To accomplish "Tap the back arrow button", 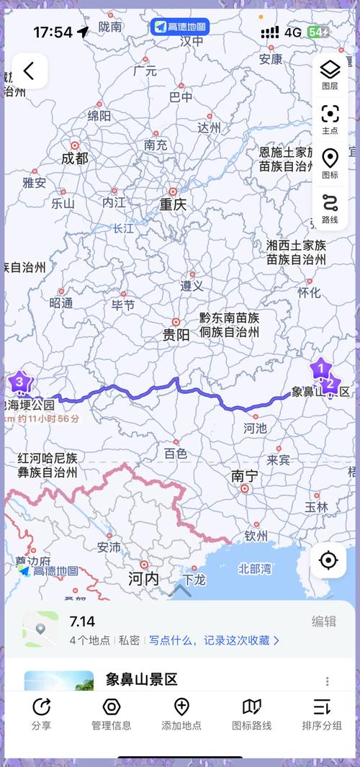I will click(x=29, y=71).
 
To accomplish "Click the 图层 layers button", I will click(x=330, y=75).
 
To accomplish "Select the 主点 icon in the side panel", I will click(x=330, y=119).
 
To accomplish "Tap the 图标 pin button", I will click(x=330, y=163).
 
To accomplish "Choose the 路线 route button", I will click(x=330, y=208).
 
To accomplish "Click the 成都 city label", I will click(x=75, y=158).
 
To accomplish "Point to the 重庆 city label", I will click(x=173, y=204).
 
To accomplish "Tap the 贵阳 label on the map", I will click(x=176, y=334).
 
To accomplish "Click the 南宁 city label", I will click(x=244, y=476).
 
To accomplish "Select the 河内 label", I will click(x=143, y=578).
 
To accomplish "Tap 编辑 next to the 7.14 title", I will click(x=323, y=622).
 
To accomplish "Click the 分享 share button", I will click(x=42, y=713).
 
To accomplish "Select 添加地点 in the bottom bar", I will click(x=181, y=713).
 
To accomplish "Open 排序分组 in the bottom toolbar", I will click(x=321, y=713).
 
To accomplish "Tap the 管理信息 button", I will click(x=111, y=713).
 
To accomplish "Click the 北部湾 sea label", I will click(x=255, y=568).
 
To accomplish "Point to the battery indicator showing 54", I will click(x=318, y=32).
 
